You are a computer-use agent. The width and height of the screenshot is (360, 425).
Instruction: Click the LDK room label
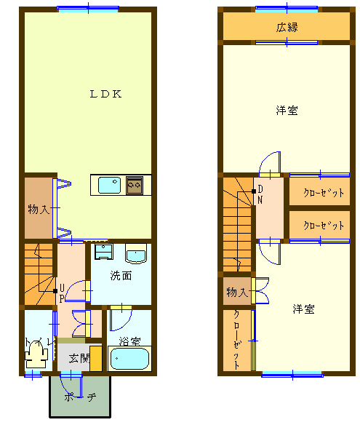(x=105, y=94)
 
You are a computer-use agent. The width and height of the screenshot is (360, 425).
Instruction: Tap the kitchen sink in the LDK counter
(x=109, y=185)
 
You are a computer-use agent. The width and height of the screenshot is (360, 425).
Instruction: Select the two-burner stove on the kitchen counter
(x=135, y=185)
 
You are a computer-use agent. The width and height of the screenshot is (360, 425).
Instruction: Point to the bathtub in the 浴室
(x=129, y=359)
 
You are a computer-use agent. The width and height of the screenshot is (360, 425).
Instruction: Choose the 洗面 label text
(x=121, y=276)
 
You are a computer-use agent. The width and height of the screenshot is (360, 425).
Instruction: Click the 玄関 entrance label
(x=79, y=358)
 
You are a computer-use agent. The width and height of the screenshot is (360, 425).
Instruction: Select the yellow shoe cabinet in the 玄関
(x=95, y=359)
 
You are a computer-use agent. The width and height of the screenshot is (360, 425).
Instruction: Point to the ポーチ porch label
(x=80, y=397)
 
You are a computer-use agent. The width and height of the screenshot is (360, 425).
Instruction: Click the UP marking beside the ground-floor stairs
(x=62, y=293)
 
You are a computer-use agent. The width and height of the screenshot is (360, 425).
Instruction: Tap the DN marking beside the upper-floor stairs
(x=260, y=194)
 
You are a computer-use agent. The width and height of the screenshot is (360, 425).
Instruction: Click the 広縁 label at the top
(x=287, y=28)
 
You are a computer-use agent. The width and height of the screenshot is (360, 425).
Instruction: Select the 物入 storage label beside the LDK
(x=39, y=210)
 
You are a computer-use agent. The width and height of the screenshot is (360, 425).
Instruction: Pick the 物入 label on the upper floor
(x=237, y=293)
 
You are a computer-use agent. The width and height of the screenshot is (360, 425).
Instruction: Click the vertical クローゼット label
(x=236, y=340)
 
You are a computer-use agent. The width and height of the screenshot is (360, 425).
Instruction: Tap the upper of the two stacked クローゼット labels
(x=324, y=193)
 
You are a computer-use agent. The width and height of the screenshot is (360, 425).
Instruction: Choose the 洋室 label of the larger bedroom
(x=287, y=111)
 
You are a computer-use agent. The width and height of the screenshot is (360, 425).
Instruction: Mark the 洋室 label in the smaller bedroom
(x=303, y=309)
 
